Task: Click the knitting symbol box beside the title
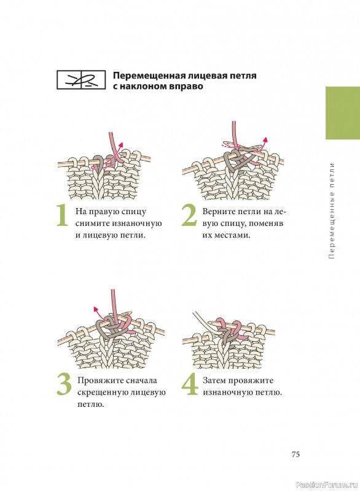tap(81, 80)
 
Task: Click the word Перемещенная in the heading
tap(149, 75)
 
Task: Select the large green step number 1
tap(62, 215)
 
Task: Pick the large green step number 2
tap(189, 215)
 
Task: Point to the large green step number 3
tap(65, 385)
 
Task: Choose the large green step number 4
tap(190, 385)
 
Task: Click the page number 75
tap(295, 455)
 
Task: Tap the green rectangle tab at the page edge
tap(343, 113)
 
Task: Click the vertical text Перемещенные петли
tap(332, 211)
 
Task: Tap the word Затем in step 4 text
tap(214, 381)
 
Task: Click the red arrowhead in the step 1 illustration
tap(121, 144)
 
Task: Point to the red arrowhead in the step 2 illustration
tap(265, 140)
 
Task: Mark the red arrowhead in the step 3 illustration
tap(96, 309)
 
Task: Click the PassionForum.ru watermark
tap(326, 485)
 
